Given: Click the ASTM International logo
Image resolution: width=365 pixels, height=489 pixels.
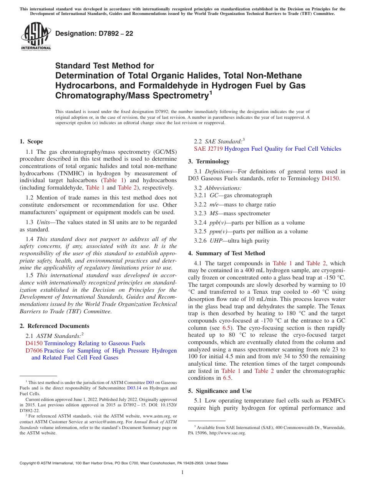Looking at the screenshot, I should tap(36, 36).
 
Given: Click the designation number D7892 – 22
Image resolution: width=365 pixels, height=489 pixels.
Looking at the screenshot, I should tap(94, 33).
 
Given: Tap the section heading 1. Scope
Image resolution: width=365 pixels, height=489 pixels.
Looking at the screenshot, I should tap(32, 141).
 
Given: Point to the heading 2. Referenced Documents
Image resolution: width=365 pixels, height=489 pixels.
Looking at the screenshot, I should tap(55, 326).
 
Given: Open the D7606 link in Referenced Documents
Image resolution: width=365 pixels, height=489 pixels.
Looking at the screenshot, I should tap(34, 351).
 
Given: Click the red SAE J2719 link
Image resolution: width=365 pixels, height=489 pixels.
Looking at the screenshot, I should tap(208, 149).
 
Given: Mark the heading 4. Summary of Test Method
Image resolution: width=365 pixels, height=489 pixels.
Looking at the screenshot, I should tap(226, 253).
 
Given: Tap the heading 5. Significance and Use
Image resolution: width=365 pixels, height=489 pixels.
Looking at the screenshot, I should tap(220, 391).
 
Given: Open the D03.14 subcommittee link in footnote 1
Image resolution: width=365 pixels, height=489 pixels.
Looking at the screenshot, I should tap(134, 388).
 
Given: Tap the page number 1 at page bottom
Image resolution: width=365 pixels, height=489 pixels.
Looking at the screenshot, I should tap(182, 472).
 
